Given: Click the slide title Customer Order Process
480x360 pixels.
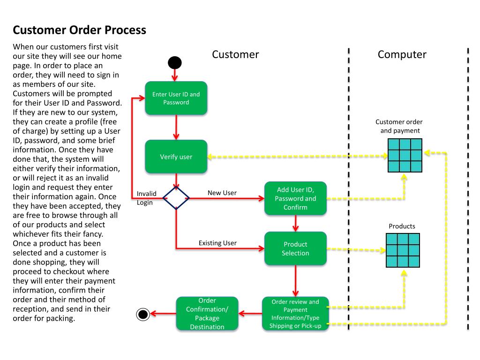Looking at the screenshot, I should tap(79, 30).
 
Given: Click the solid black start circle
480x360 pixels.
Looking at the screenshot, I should tap(175, 62).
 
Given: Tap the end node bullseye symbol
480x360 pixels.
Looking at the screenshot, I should tap(142, 314).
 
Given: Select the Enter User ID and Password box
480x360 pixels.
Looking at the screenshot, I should tap(176, 98).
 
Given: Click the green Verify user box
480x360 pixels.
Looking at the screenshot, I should tap(176, 157).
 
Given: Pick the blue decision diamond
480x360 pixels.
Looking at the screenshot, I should tap(176, 198).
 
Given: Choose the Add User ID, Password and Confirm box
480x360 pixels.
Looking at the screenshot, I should tap(295, 198).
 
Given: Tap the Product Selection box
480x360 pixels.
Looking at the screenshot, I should tap(295, 248).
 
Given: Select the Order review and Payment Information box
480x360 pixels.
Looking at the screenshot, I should tap(295, 314).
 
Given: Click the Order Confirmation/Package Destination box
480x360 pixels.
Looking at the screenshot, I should tap(207, 314).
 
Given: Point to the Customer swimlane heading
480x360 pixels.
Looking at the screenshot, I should tap(235, 54).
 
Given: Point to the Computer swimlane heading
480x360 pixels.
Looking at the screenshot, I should tap(402, 54).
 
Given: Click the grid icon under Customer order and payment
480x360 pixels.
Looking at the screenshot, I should tap(405, 155).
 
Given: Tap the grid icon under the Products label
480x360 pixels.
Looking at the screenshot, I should tap(403, 250).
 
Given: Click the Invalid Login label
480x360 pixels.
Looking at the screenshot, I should tap(146, 198).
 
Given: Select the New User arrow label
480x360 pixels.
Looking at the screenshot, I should tap(222, 193).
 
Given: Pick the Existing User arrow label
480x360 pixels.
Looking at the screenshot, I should tap(217, 243).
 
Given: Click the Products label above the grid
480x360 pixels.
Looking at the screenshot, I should tap(402, 226).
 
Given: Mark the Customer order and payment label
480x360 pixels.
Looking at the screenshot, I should tap(399, 126).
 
